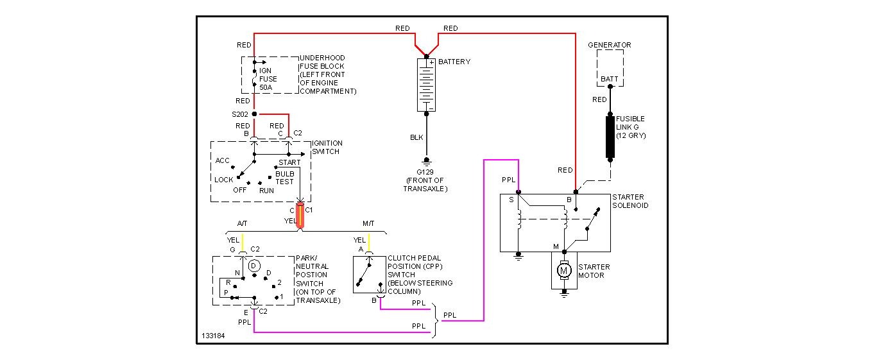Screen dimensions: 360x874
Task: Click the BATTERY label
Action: tap(454, 62)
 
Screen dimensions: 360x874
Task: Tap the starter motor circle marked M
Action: tap(565, 271)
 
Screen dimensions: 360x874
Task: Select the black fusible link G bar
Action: tap(610, 137)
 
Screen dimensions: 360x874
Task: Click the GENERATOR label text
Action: tap(610, 45)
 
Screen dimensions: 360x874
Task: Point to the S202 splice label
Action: tap(239, 114)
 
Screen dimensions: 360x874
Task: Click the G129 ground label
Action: tap(425, 171)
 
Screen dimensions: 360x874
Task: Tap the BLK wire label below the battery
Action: tap(416, 137)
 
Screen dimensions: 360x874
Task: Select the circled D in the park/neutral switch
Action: tap(253, 265)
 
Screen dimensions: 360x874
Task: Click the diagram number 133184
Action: tap(213, 336)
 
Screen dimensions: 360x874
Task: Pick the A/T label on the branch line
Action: tap(242, 223)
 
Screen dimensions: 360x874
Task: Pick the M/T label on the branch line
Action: tap(368, 223)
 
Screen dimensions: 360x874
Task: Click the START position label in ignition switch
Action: tap(289, 162)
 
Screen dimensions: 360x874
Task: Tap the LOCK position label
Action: tap(224, 180)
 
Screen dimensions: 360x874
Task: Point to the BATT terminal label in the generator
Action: tap(610, 80)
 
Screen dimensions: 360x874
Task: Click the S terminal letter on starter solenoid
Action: tap(511, 200)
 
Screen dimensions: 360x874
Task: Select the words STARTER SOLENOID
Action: tap(631, 201)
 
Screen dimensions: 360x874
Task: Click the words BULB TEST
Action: tap(284, 178)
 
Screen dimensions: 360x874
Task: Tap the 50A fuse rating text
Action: tap(266, 87)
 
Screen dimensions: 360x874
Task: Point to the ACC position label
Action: tap(223, 160)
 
